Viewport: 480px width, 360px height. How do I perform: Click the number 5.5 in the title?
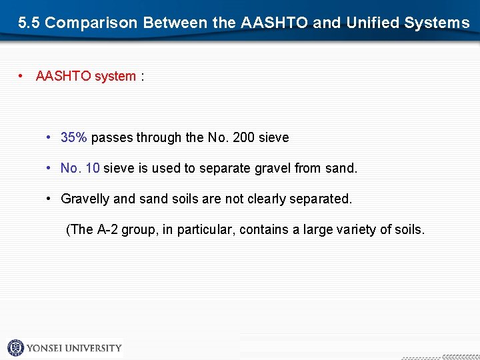pyautogui.click(x=29, y=23)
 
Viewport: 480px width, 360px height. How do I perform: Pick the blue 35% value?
pyautogui.click(x=73, y=138)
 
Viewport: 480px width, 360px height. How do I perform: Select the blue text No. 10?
pyautogui.click(x=80, y=169)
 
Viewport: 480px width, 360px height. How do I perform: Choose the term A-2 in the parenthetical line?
pyautogui.click(x=107, y=230)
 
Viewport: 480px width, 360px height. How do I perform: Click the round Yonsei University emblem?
pyautogui.click(x=15, y=347)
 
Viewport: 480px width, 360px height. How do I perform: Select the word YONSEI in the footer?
pyautogui.click(x=46, y=348)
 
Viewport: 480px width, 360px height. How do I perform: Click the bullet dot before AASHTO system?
pyautogui.click(x=22, y=76)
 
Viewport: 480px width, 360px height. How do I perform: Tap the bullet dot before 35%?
pyautogui.click(x=50, y=138)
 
